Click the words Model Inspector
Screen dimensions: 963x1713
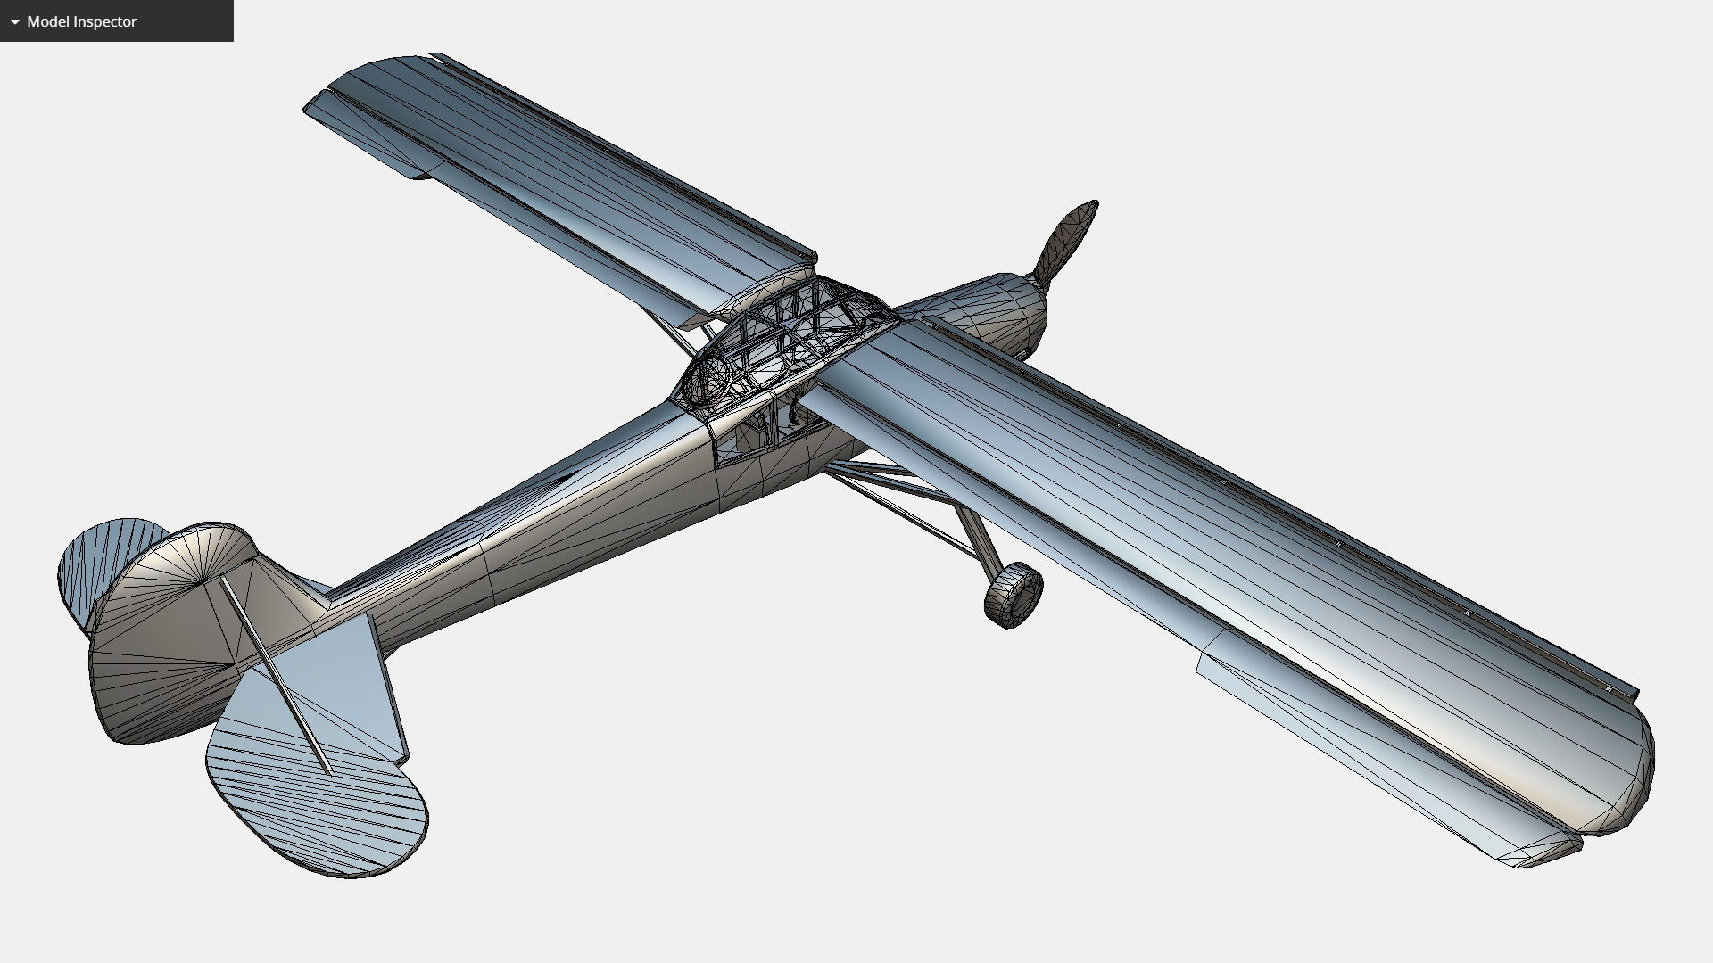pos(81,21)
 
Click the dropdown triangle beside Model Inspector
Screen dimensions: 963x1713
pos(14,21)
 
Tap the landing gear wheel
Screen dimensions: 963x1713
pos(1014,595)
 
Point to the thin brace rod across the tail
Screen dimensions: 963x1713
pos(277,678)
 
